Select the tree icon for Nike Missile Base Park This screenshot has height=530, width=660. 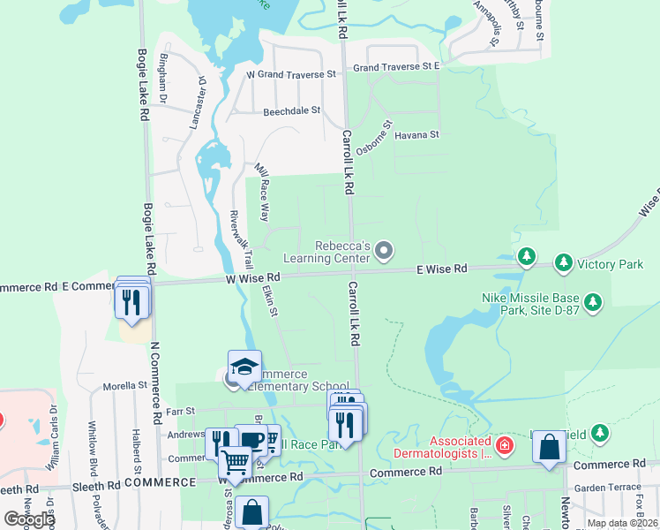(594, 303)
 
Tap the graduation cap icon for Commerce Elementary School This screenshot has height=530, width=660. (244, 367)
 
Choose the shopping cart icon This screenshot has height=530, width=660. (235, 461)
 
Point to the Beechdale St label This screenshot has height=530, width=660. (291, 112)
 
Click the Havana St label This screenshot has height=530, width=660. (416, 135)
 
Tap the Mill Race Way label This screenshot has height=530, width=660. (261, 193)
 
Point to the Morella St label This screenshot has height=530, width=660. (124, 386)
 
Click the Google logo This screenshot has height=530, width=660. (29, 519)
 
